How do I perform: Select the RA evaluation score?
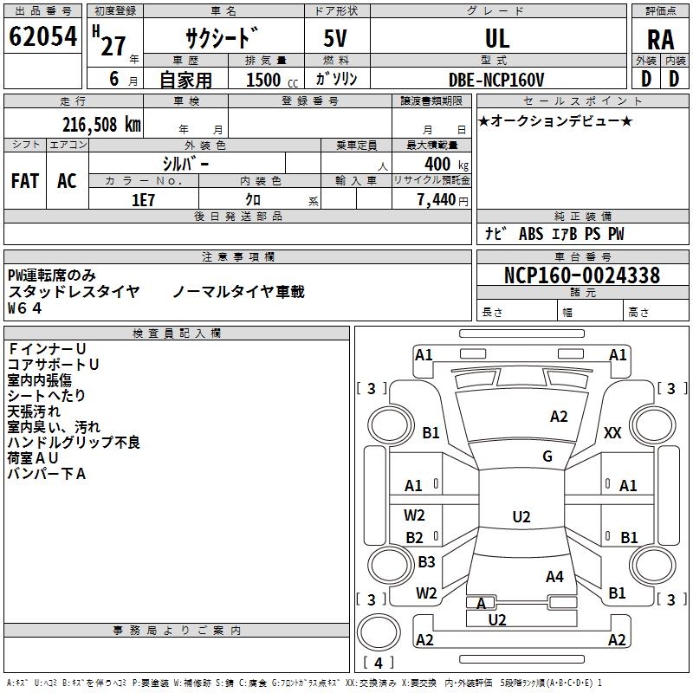(x=660, y=40)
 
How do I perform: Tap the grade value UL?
(x=497, y=38)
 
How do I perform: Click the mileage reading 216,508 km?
(x=101, y=125)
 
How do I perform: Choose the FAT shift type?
(x=25, y=181)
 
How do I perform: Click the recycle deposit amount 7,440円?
(x=442, y=199)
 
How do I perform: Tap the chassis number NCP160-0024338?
(x=581, y=275)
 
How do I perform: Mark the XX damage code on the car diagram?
(x=612, y=432)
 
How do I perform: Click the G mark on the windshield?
(x=547, y=456)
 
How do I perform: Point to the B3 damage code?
(x=426, y=562)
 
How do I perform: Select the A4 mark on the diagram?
(x=554, y=576)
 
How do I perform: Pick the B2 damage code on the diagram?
(x=415, y=538)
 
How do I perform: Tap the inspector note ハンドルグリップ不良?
(x=74, y=443)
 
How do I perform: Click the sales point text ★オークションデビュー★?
(x=555, y=120)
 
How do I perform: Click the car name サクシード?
(x=221, y=38)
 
